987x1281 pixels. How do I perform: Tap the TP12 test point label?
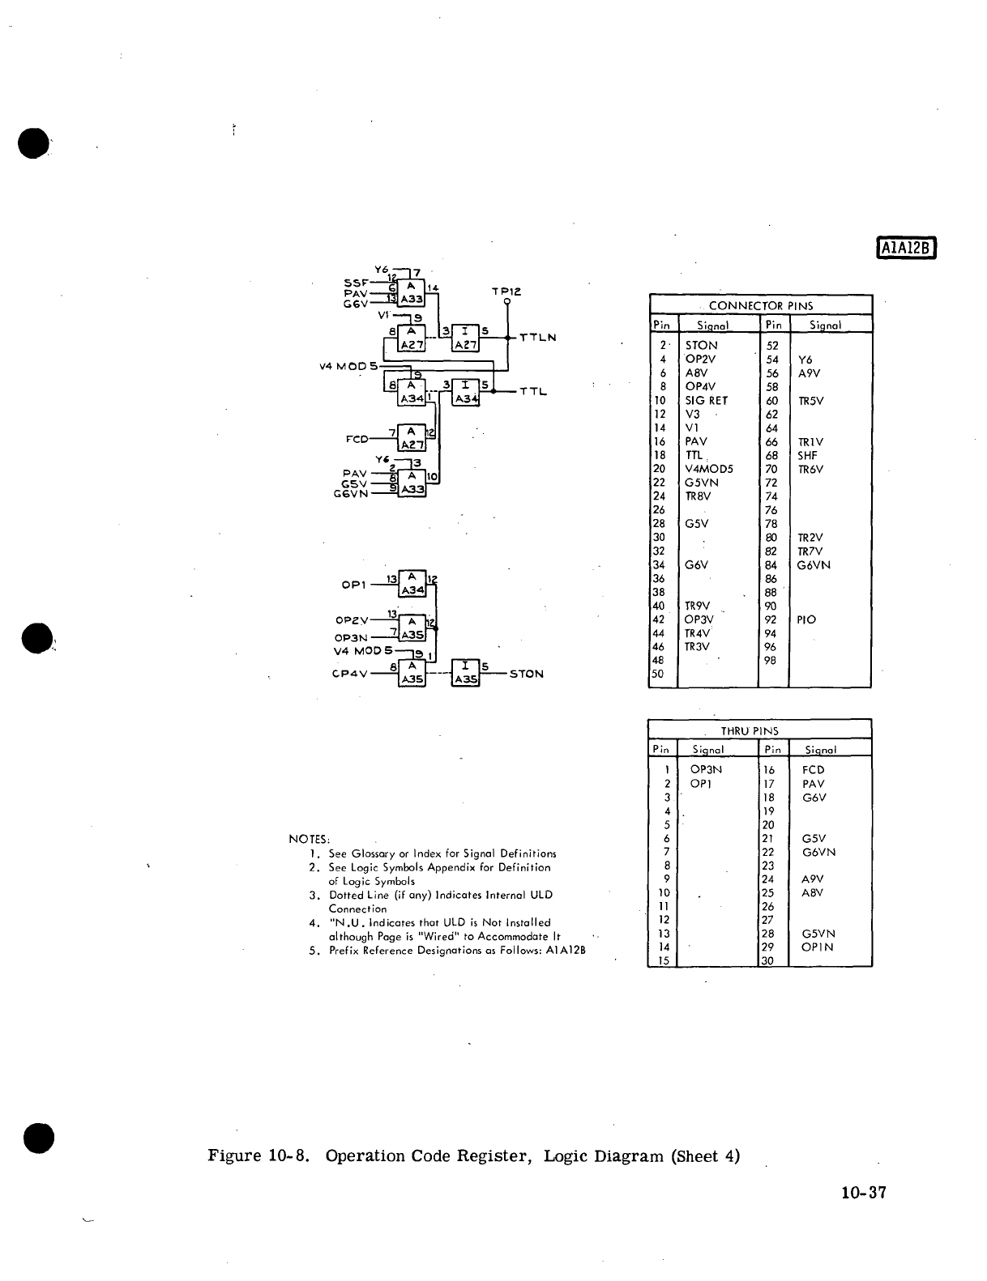click(x=506, y=291)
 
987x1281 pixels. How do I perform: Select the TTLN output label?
click(x=537, y=337)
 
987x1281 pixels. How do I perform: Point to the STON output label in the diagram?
click(x=526, y=674)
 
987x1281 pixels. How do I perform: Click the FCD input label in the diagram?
click(x=357, y=439)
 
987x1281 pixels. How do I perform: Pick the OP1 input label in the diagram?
click(x=356, y=584)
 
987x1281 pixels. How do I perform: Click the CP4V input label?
click(x=349, y=674)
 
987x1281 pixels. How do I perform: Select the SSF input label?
click(x=356, y=283)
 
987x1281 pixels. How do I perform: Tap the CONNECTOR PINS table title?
click(x=760, y=305)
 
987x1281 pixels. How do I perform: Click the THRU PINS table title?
click(x=750, y=730)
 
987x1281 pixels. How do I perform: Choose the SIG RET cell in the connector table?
click(x=707, y=400)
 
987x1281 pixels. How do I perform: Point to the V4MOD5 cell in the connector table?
click(x=709, y=469)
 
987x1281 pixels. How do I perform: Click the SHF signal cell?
click(x=808, y=455)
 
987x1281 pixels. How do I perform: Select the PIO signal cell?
click(x=806, y=619)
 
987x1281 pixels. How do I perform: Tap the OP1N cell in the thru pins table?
click(x=817, y=947)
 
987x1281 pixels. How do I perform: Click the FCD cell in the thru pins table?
click(x=813, y=769)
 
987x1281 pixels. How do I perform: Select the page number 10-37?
click(x=864, y=1192)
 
